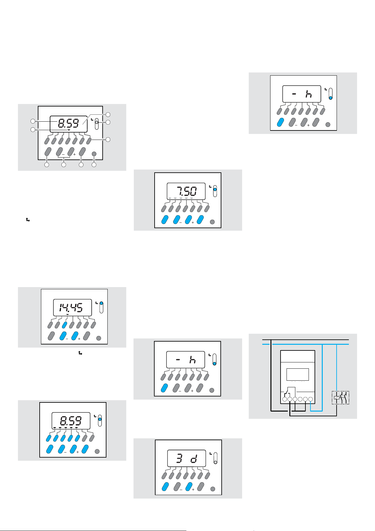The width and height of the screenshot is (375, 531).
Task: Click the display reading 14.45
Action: click(x=72, y=307)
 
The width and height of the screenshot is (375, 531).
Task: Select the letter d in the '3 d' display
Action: click(x=193, y=459)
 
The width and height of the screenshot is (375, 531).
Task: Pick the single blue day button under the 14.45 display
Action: click(x=65, y=325)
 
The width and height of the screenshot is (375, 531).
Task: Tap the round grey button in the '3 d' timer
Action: click(x=213, y=489)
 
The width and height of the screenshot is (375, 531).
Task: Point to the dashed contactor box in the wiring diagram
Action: click(x=341, y=398)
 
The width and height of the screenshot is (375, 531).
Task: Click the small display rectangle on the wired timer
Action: click(x=298, y=374)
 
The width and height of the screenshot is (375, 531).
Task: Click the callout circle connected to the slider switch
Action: click(x=108, y=122)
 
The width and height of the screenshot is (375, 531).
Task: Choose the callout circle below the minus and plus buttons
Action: click(x=64, y=165)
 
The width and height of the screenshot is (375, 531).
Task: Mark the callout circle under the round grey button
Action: click(x=94, y=165)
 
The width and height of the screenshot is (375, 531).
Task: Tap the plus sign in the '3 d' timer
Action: click(x=193, y=489)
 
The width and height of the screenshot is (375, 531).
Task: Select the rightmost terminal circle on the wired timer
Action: click(x=310, y=399)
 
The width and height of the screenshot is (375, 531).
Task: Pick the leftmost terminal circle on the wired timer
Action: click(x=284, y=399)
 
